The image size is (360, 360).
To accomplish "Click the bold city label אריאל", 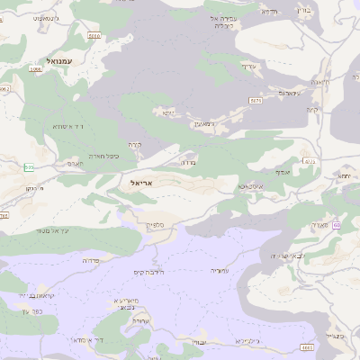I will point(130,182).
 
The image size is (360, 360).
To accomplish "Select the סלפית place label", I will point(154,225).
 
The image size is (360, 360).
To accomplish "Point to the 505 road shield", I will point(30,167).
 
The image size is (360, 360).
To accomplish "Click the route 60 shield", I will point(337,226).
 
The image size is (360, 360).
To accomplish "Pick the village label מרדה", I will point(188,163).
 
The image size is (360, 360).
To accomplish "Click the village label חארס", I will point(75,165).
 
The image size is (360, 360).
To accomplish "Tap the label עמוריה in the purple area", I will point(220,270).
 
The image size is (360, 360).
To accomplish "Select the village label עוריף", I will point(248,66).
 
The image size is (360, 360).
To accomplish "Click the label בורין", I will point(328,11).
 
